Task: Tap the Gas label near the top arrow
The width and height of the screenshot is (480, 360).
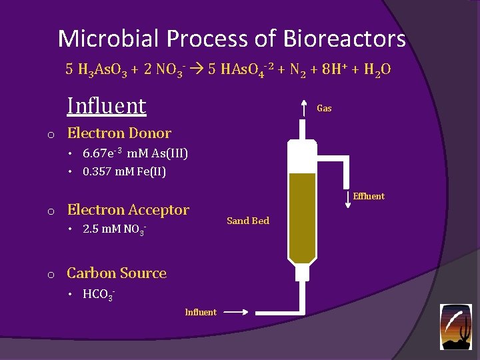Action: coord(324,108)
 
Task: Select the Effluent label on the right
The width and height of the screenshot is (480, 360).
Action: coord(369,196)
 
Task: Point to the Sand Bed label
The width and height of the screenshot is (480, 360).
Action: coord(248,221)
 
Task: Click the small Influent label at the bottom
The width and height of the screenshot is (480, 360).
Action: coord(201,312)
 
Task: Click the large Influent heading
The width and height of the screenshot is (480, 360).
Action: coord(107,106)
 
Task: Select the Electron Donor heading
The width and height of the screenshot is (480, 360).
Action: coord(119,133)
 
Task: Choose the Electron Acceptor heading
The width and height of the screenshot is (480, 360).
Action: coord(128,210)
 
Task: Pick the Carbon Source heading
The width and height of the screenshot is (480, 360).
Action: coord(117,273)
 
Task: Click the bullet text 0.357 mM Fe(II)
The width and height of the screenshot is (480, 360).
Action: coord(124,172)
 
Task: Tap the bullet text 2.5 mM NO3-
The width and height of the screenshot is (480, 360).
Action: coord(114,231)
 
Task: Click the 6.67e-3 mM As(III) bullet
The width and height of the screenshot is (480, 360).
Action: coord(135,154)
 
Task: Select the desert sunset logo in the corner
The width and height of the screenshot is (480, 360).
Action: coord(456,327)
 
